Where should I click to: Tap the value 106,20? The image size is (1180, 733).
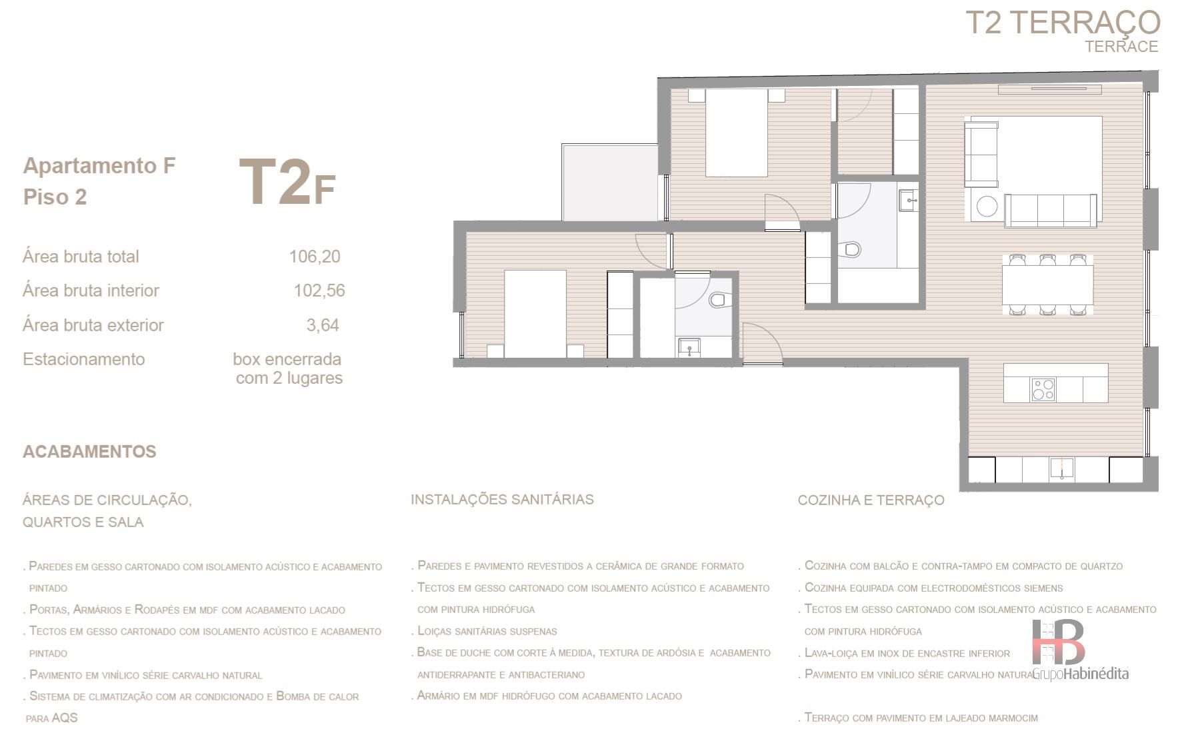315,257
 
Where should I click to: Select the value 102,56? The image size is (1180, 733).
319,291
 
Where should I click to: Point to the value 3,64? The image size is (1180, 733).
323,325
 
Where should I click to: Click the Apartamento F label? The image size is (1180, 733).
99,165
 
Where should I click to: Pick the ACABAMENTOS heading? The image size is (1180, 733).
89,452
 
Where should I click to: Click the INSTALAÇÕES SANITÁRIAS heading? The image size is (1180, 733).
502,499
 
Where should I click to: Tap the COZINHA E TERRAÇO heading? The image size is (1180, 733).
871,500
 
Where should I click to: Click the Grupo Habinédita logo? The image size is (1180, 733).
1080,650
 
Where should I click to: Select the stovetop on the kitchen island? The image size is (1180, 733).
1043,389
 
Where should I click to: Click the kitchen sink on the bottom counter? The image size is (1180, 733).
1062,468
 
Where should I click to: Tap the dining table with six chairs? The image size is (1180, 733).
1047,285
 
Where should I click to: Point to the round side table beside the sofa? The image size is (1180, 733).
987,207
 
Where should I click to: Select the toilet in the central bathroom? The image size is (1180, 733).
851,251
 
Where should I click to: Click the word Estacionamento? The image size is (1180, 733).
83,359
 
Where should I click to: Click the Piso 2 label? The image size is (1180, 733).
55,197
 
